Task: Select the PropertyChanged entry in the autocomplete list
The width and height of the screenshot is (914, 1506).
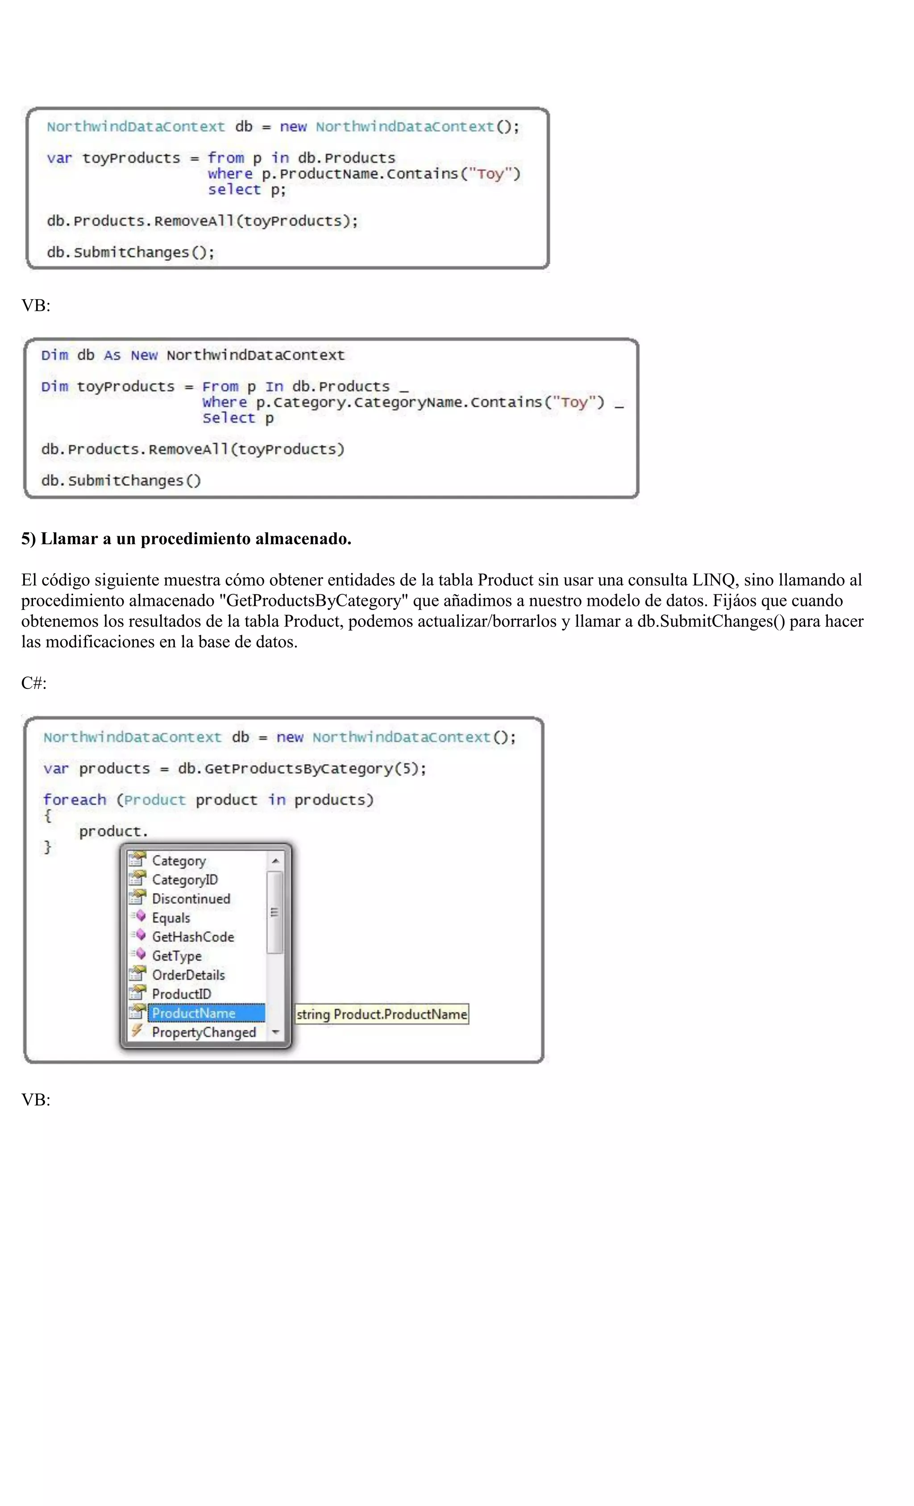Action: coord(204,1032)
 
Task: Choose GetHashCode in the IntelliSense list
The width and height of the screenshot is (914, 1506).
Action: coord(192,936)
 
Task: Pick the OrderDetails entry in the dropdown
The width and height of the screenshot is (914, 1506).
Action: coord(188,975)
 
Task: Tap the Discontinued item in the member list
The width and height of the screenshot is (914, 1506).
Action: coord(191,898)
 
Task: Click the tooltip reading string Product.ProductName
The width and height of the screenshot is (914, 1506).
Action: coord(381,1014)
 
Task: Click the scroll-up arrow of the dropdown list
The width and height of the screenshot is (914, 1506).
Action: coord(275,860)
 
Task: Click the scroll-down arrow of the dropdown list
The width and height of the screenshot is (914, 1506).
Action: coord(275,1032)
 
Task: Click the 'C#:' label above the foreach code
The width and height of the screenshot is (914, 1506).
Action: coord(33,683)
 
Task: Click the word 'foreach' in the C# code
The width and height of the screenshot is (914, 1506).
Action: coord(75,800)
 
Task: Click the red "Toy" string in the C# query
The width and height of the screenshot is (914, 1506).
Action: coord(490,174)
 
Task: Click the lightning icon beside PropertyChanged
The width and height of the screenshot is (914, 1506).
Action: coord(137,1031)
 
